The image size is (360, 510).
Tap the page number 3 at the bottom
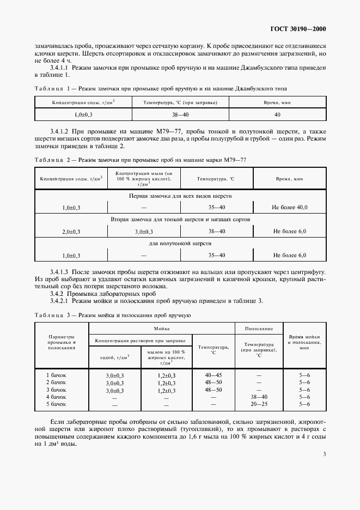pos(324,454)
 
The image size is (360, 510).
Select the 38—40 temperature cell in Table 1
pos(180,115)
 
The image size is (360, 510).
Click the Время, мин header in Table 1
pos(277,102)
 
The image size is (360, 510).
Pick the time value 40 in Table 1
pos(277,115)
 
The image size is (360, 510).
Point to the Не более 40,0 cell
pos(289,208)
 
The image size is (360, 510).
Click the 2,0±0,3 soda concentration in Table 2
pos(71,232)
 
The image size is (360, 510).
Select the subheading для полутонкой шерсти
pos(180,244)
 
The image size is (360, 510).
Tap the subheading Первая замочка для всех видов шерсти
pos(180,196)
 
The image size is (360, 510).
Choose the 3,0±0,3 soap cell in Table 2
pos(145,232)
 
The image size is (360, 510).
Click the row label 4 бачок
pos(56,397)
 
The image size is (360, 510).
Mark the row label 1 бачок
pos(56,375)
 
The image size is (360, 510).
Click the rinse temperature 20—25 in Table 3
pos(259,404)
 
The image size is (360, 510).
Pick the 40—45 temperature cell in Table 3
pos(213,375)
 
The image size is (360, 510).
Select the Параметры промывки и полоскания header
pos(61,342)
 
